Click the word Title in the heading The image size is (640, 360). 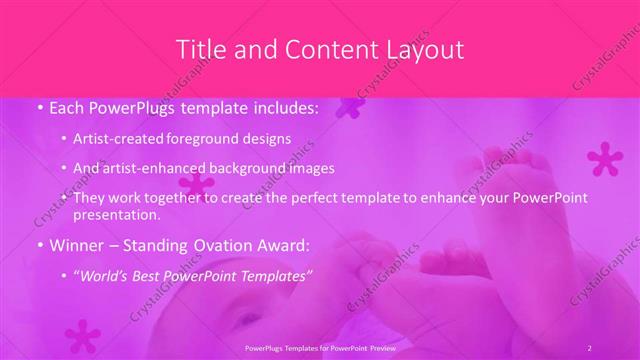click(199, 49)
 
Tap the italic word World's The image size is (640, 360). click(107, 274)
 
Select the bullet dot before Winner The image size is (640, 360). click(38, 245)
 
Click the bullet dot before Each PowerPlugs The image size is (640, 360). click(38, 107)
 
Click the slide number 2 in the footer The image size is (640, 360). click(590, 347)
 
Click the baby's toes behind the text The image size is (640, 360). click(500, 160)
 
